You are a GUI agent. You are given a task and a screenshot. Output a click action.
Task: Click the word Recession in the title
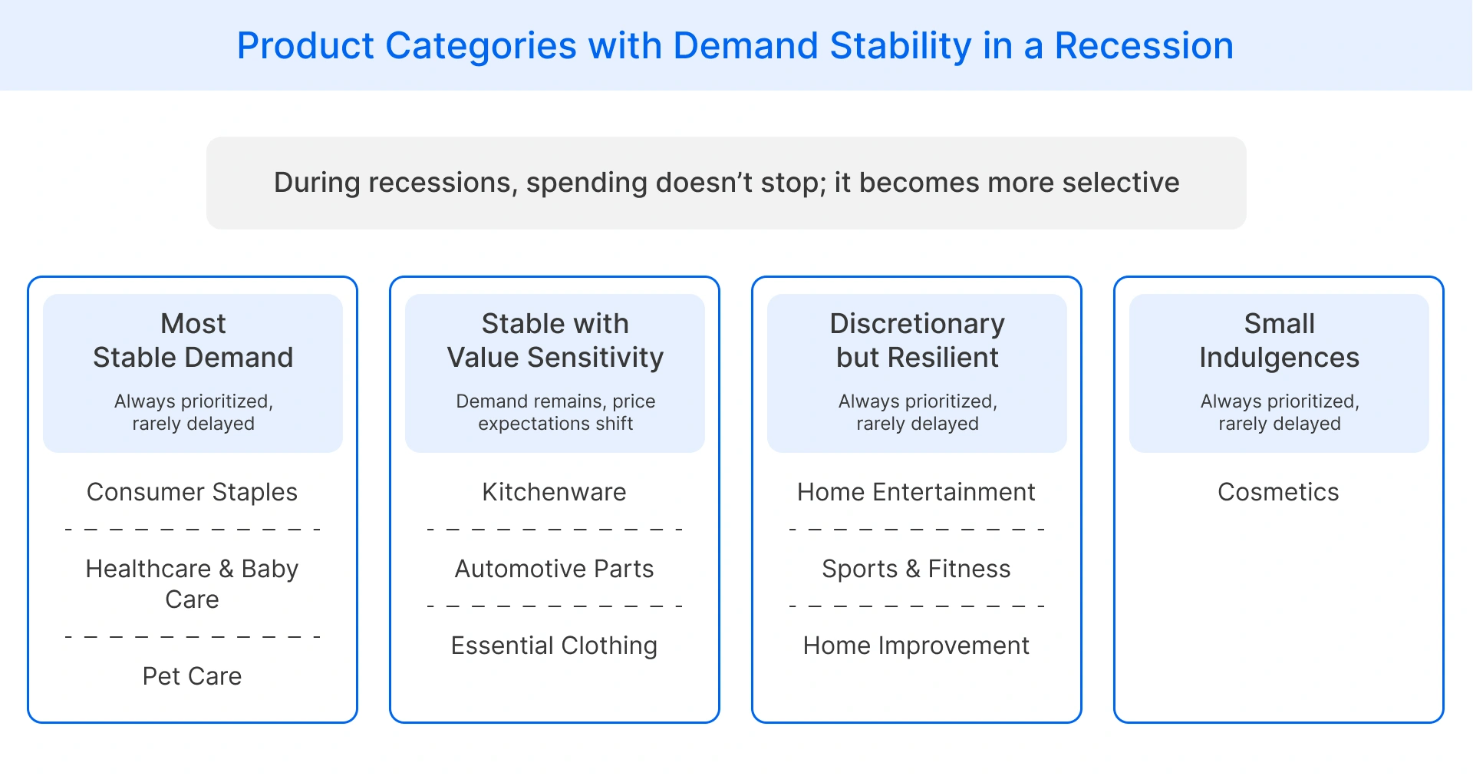(x=1143, y=46)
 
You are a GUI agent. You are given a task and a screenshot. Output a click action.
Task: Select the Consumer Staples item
(x=192, y=492)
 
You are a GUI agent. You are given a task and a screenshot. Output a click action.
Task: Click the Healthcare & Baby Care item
(x=192, y=583)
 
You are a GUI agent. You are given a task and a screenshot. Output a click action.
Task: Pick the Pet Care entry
(x=192, y=676)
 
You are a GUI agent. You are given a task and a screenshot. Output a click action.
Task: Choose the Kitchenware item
(x=554, y=492)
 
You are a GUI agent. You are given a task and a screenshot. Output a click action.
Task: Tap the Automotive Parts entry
(x=554, y=569)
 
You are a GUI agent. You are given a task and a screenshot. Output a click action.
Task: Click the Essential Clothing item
(x=554, y=646)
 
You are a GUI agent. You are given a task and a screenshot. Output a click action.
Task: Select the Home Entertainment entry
(x=916, y=492)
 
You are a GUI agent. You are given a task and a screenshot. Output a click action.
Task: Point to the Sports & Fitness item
(x=916, y=569)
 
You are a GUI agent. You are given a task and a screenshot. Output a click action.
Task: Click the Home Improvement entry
(x=916, y=646)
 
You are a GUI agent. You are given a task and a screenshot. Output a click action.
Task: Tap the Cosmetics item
(x=1278, y=492)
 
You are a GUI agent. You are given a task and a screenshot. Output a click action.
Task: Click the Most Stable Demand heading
(x=193, y=341)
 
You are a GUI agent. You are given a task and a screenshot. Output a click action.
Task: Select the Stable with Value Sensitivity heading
(x=555, y=341)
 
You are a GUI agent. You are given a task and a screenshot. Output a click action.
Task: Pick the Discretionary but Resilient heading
(x=917, y=341)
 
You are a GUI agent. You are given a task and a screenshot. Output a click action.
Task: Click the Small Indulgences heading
(x=1279, y=341)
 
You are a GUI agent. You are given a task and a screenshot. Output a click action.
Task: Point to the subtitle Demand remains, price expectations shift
(x=555, y=412)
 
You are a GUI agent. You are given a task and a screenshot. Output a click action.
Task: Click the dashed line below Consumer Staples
(x=192, y=530)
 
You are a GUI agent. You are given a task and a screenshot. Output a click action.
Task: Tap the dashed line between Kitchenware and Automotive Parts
(x=554, y=530)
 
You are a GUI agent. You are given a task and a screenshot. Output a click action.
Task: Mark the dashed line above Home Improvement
(x=916, y=606)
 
